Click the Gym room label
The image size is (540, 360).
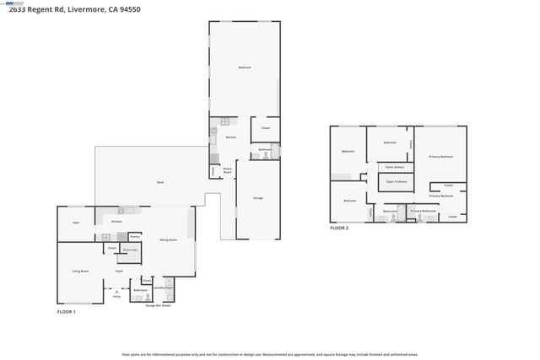point(76,223)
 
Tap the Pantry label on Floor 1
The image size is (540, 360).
point(134,238)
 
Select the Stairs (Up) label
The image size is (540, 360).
point(130,250)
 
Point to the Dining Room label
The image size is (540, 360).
point(168,240)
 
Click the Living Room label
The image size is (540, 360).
point(81,271)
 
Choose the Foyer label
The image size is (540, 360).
point(120,271)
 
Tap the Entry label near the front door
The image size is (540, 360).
point(116,296)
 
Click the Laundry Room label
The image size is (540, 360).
point(164,287)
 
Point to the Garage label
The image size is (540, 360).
point(258,197)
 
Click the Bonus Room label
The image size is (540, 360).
point(228,170)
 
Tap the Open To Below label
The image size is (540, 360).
point(397,181)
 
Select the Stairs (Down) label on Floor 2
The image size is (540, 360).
point(393,168)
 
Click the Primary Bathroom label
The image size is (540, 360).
point(429,210)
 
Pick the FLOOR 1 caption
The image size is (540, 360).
point(66,312)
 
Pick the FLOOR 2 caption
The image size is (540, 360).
point(338,228)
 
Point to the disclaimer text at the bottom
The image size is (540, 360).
point(269,354)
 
